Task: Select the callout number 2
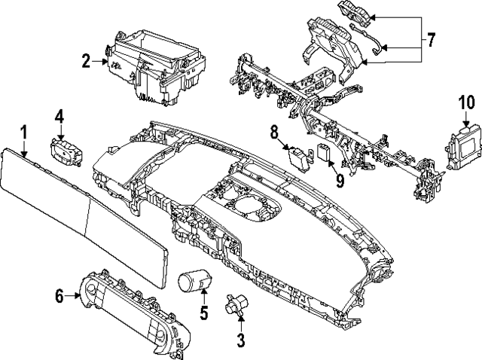point(87,60)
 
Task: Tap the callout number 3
point(241,340)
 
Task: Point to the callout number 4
point(59,116)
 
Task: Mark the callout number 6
point(59,296)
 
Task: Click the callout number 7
point(432,39)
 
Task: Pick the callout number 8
point(276,133)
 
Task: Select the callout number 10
point(466,101)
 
